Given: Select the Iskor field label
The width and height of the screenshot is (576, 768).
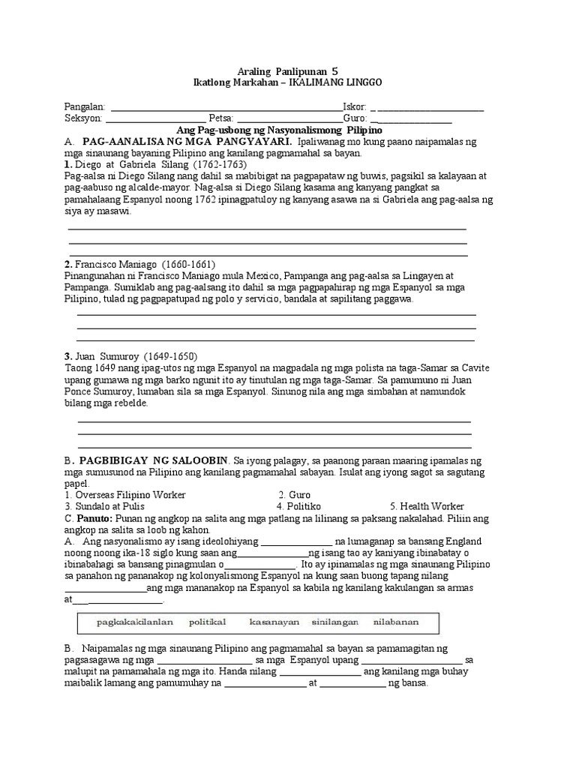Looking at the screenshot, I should [355, 107].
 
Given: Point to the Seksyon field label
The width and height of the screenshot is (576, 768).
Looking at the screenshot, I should [83, 118].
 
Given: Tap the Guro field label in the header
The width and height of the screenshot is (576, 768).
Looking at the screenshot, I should [354, 118].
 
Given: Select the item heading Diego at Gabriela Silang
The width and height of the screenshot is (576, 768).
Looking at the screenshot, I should [121, 163].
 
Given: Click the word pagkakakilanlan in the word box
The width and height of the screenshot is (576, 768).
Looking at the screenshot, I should [135, 622].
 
